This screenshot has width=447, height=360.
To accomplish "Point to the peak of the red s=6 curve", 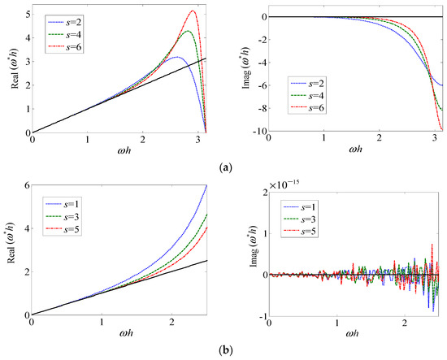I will (193, 11).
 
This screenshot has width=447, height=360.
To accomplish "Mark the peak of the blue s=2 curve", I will (175, 57).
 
